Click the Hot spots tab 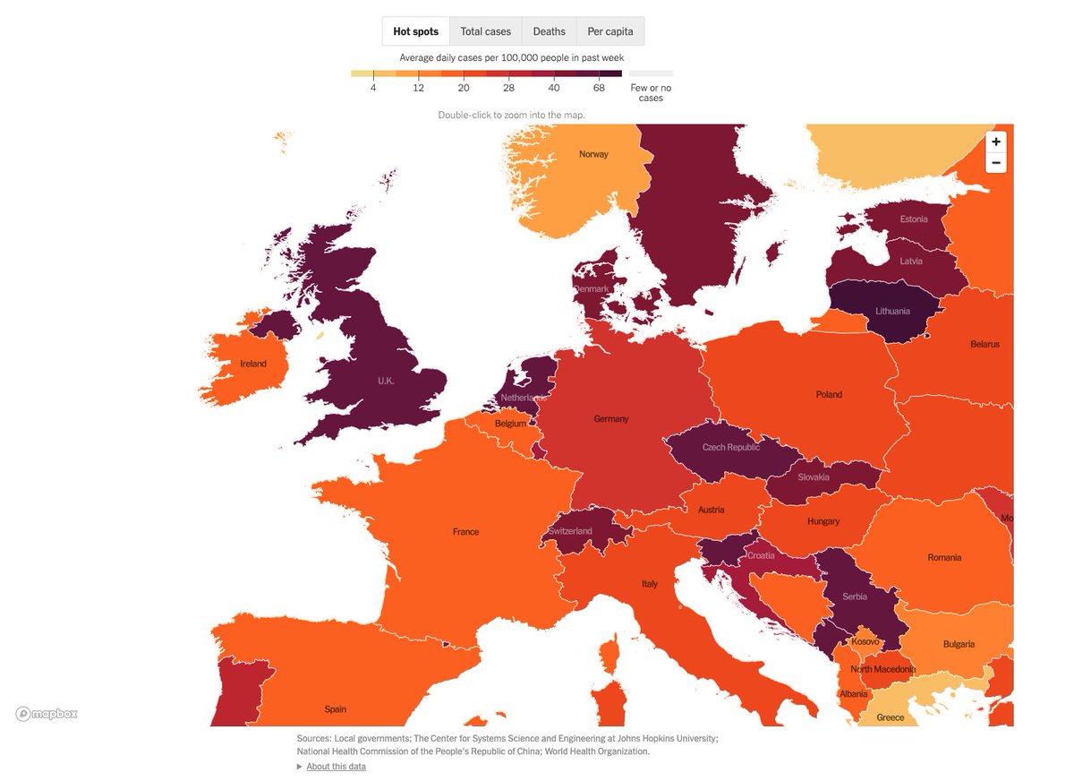point(416,31)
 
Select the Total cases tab point(485,31)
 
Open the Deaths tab point(549,31)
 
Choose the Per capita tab point(609,31)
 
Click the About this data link point(336,767)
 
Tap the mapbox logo point(47,714)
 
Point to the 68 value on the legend point(599,87)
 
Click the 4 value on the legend point(373,87)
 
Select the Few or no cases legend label point(651,93)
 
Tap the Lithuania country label point(891,312)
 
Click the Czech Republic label point(730,448)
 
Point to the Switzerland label point(570,531)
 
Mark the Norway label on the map point(593,154)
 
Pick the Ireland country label point(253,364)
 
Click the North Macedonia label point(882,670)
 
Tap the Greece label point(890,717)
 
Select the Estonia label point(914,219)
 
